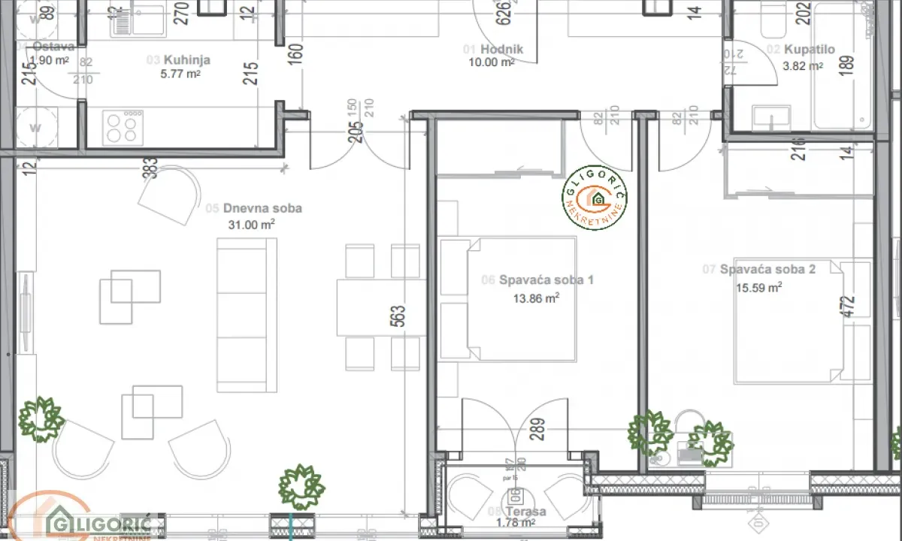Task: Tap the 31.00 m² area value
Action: coord(251,224)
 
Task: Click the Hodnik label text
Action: coord(502,50)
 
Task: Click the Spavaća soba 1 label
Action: coord(546,280)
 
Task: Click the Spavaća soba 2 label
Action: coord(767,269)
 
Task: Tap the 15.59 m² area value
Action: coord(758,286)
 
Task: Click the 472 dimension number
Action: coord(849,307)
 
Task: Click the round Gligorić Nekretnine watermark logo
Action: coord(596,198)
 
